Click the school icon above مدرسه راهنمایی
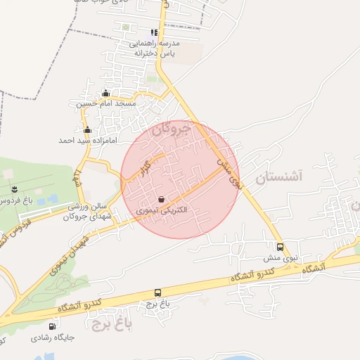point(154,32)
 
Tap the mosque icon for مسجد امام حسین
point(106,94)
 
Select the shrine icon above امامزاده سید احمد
point(87,130)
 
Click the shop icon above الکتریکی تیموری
point(162,199)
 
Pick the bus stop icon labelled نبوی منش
point(281,247)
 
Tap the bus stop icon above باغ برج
point(157,292)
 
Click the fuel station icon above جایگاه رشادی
point(52,326)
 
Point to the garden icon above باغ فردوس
point(15,189)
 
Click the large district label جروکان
point(172,129)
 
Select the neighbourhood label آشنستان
point(278,176)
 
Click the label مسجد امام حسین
point(106,104)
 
